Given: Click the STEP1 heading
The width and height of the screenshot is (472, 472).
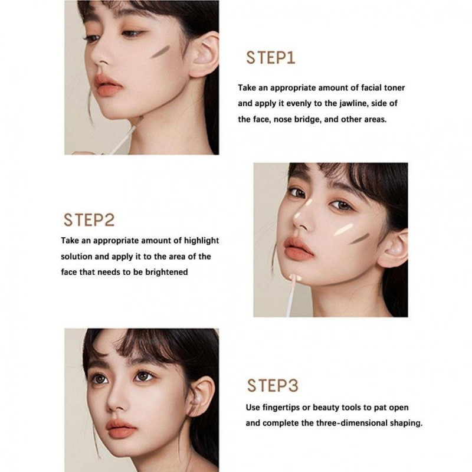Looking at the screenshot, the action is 271,58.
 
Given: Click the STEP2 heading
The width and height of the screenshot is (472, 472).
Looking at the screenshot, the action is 89,220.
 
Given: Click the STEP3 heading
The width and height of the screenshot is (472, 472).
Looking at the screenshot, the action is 273,386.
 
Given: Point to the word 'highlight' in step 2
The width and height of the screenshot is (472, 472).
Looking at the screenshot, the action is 201,241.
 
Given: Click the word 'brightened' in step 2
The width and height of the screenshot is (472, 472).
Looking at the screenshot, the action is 166,272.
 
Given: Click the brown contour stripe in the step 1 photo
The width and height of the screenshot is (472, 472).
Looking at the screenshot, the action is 160,51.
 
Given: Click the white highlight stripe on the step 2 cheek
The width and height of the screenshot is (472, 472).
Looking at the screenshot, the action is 343,230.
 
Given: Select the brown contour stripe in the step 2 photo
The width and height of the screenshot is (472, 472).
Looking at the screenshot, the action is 359,238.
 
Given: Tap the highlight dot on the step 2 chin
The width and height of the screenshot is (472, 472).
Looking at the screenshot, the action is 295,277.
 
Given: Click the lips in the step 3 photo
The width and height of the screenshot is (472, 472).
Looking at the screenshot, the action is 121,429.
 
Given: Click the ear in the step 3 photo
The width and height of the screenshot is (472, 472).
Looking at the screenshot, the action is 200,396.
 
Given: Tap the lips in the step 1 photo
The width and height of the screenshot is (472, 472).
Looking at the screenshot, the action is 109,84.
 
